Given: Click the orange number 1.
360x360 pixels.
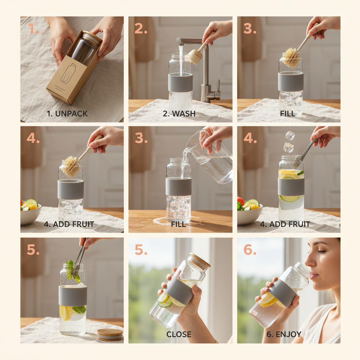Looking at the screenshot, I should click(33, 29).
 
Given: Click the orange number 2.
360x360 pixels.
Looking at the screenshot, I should click(141, 29).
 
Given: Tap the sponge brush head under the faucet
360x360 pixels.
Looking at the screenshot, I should click(195, 56).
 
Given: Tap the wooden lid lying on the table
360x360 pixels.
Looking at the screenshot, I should click(110, 334).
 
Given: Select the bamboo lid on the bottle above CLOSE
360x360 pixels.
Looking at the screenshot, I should click(199, 261).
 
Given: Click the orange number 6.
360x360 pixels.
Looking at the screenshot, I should click(250, 249).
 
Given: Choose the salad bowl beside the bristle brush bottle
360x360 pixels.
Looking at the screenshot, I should click(30, 213).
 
